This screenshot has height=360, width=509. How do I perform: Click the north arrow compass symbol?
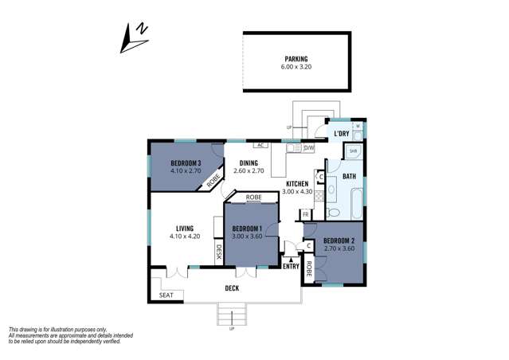pyautogui.click(x=135, y=37)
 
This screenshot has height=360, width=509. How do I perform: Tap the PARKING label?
pyautogui.click(x=296, y=59)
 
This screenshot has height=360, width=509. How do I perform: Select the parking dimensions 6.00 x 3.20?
pyautogui.click(x=296, y=68)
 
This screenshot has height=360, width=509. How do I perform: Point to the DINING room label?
pyautogui.click(x=249, y=162)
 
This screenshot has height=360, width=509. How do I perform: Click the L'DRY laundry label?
pyautogui.click(x=341, y=133)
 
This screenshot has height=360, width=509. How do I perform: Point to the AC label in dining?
pyautogui.click(x=260, y=145)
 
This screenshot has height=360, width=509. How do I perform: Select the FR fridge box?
pyautogui.click(x=305, y=214)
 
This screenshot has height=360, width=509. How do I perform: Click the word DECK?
pyautogui.click(x=232, y=288)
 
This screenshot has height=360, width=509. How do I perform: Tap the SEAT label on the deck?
pyautogui.click(x=166, y=295)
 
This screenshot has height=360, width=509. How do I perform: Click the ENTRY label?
pyautogui.click(x=291, y=266)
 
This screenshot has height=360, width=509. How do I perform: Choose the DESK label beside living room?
pyautogui.click(x=219, y=252)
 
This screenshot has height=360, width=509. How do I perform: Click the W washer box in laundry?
pyautogui.click(x=358, y=126)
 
